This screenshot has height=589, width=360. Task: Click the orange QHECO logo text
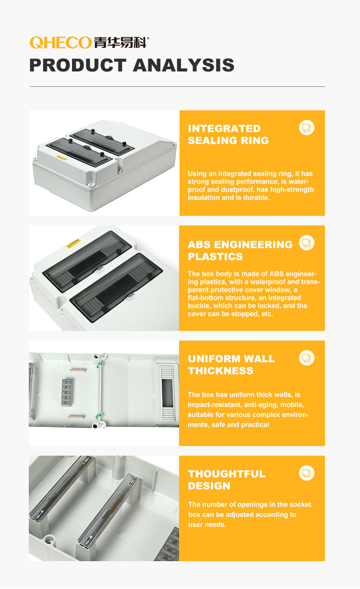(x=60, y=43)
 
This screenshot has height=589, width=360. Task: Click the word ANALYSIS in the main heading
(x=184, y=65)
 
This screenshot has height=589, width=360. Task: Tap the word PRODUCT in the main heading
(x=78, y=65)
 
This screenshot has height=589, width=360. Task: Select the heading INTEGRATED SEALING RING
(x=228, y=134)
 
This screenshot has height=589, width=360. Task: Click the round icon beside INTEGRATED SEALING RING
(x=307, y=128)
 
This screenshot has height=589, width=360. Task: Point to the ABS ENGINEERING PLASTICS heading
(x=240, y=250)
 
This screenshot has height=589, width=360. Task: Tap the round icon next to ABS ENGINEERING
(x=307, y=243)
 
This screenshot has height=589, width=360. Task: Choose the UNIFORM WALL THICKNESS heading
(x=231, y=365)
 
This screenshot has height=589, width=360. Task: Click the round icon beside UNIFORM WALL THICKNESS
(x=307, y=358)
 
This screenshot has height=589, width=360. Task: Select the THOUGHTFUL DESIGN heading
(x=227, y=480)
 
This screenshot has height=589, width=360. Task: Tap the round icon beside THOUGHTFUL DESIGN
(x=307, y=473)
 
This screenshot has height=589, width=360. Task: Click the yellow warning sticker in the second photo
(x=73, y=243)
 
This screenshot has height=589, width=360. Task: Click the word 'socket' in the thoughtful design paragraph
(x=301, y=504)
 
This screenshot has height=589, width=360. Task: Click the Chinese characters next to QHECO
(x=120, y=43)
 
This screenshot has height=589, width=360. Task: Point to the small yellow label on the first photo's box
(x=62, y=159)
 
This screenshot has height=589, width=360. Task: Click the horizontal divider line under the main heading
(x=178, y=86)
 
